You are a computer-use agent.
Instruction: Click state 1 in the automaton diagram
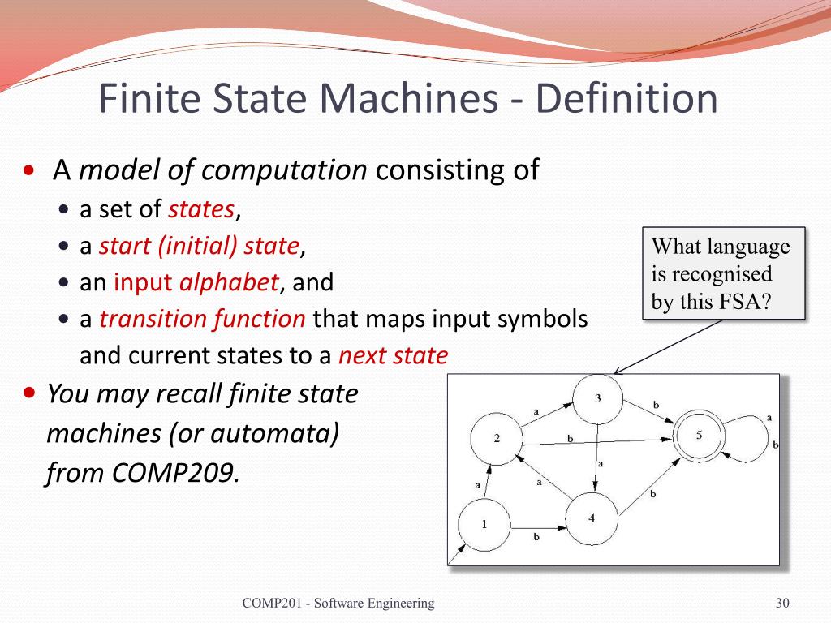(484, 524)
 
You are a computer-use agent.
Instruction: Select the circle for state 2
(497, 438)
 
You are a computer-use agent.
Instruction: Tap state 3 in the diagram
(598, 398)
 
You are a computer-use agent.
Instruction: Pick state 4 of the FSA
(592, 518)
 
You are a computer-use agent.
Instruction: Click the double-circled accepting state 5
(700, 436)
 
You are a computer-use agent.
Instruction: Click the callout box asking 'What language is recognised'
(724, 273)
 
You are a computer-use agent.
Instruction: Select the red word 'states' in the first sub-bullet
(200, 209)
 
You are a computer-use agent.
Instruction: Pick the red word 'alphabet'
(228, 282)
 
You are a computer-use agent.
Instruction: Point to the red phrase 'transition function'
(202, 319)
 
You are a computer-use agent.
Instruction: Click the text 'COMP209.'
(192, 472)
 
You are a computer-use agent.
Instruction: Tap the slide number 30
(782, 603)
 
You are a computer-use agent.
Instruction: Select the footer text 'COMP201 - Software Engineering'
(338, 603)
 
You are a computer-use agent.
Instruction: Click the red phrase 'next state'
(392, 355)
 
